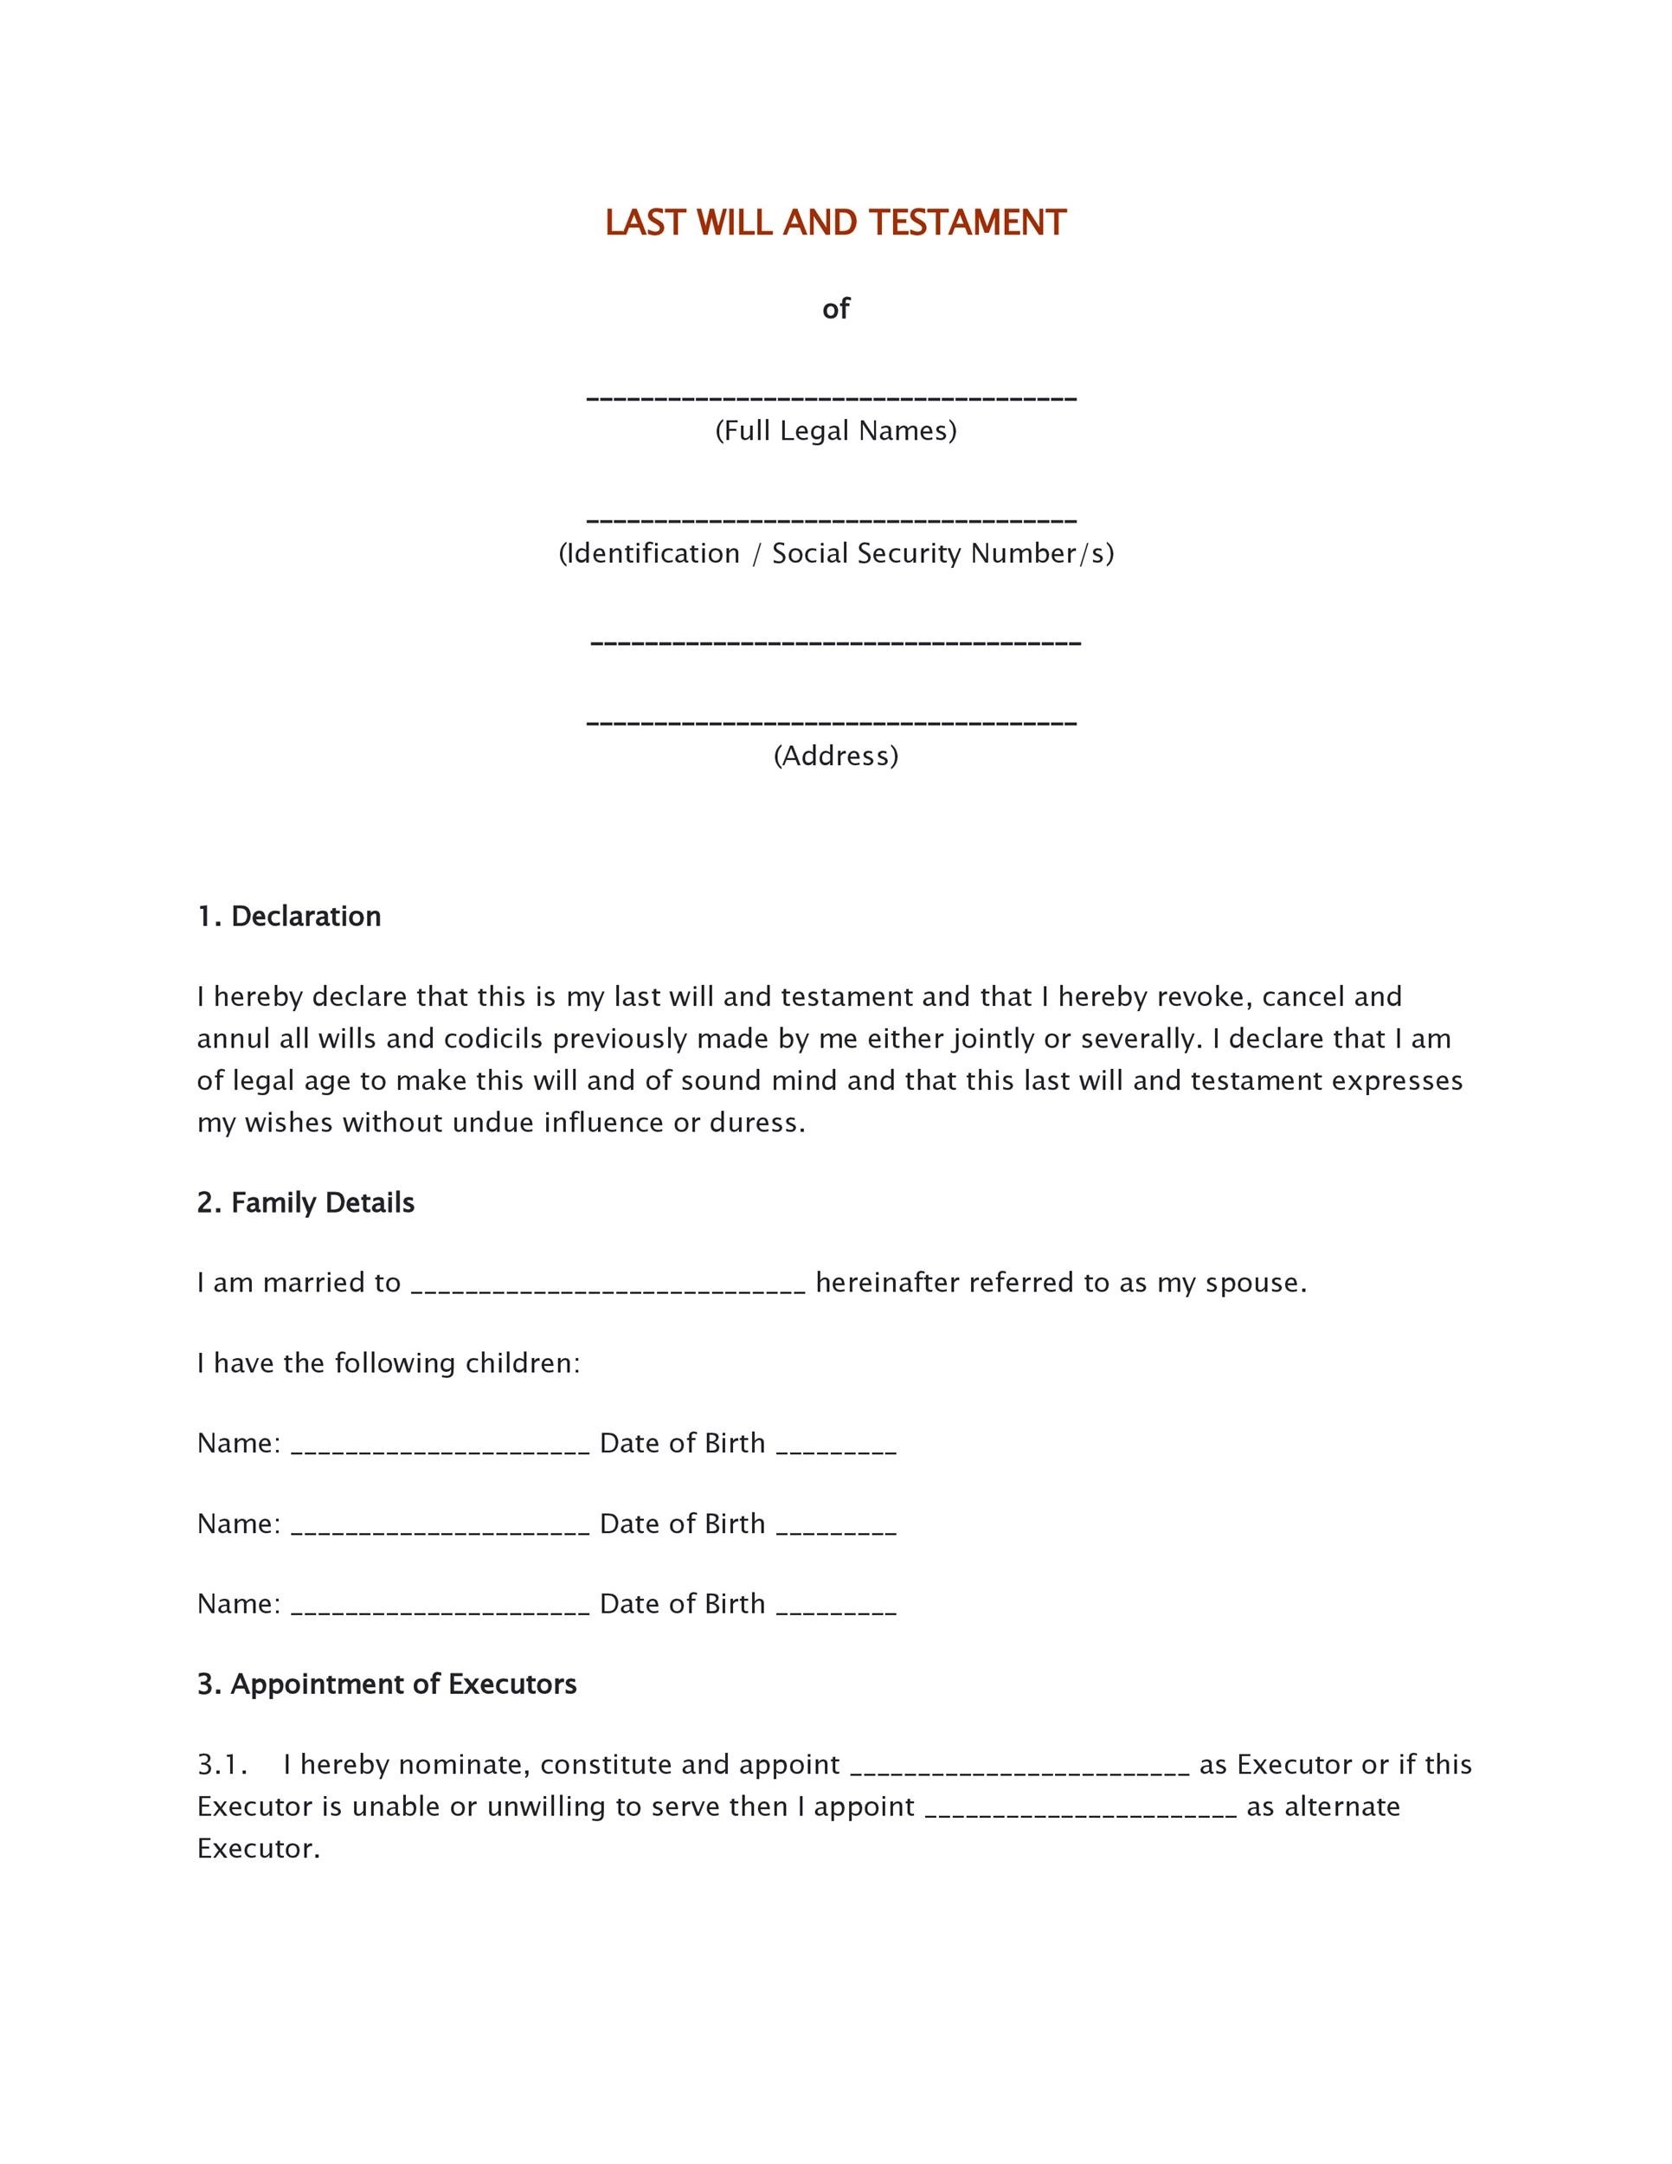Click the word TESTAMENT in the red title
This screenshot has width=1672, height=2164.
point(967,223)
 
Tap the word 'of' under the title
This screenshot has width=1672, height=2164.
point(835,309)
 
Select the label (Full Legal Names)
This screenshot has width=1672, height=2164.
point(835,431)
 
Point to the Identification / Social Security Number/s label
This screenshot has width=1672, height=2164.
point(835,553)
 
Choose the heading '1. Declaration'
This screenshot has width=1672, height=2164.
point(288,917)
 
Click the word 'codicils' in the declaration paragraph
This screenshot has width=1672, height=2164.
point(493,1039)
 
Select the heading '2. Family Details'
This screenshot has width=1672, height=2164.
point(305,1203)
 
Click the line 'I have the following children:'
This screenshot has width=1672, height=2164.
point(389,1363)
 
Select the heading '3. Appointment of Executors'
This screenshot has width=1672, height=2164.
point(386,1684)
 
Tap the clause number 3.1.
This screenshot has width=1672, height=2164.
point(221,1765)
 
